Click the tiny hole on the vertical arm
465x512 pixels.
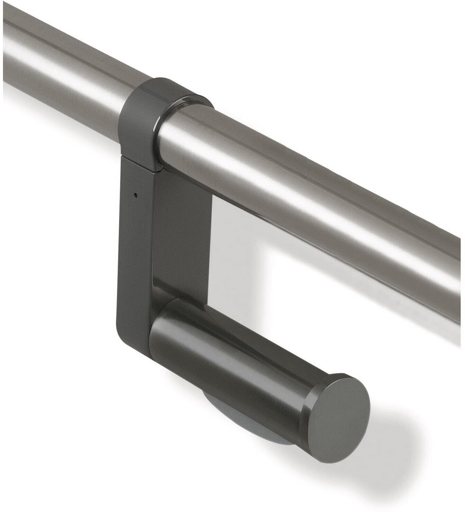(136, 195)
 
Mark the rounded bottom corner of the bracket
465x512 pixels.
(128, 341)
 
